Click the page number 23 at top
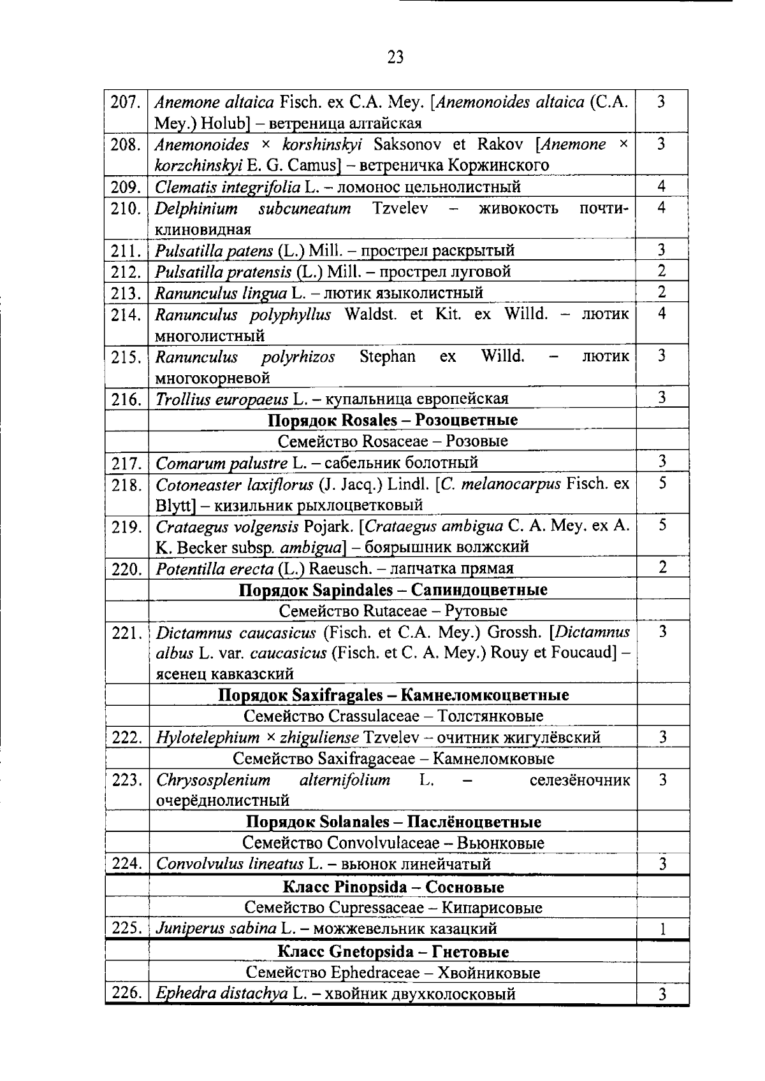point(395,58)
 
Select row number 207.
point(126,103)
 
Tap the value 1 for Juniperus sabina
point(662,929)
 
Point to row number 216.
point(126,400)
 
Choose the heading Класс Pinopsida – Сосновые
point(393,887)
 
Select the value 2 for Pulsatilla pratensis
point(662,271)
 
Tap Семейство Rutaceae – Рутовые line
point(393,611)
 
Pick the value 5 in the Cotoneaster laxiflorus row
point(662,483)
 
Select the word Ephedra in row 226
point(180,994)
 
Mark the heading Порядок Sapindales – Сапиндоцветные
point(393,590)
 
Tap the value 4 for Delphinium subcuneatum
point(662,208)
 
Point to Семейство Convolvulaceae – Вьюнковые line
point(393,843)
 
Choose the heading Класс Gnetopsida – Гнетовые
point(393,952)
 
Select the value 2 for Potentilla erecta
point(662,567)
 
